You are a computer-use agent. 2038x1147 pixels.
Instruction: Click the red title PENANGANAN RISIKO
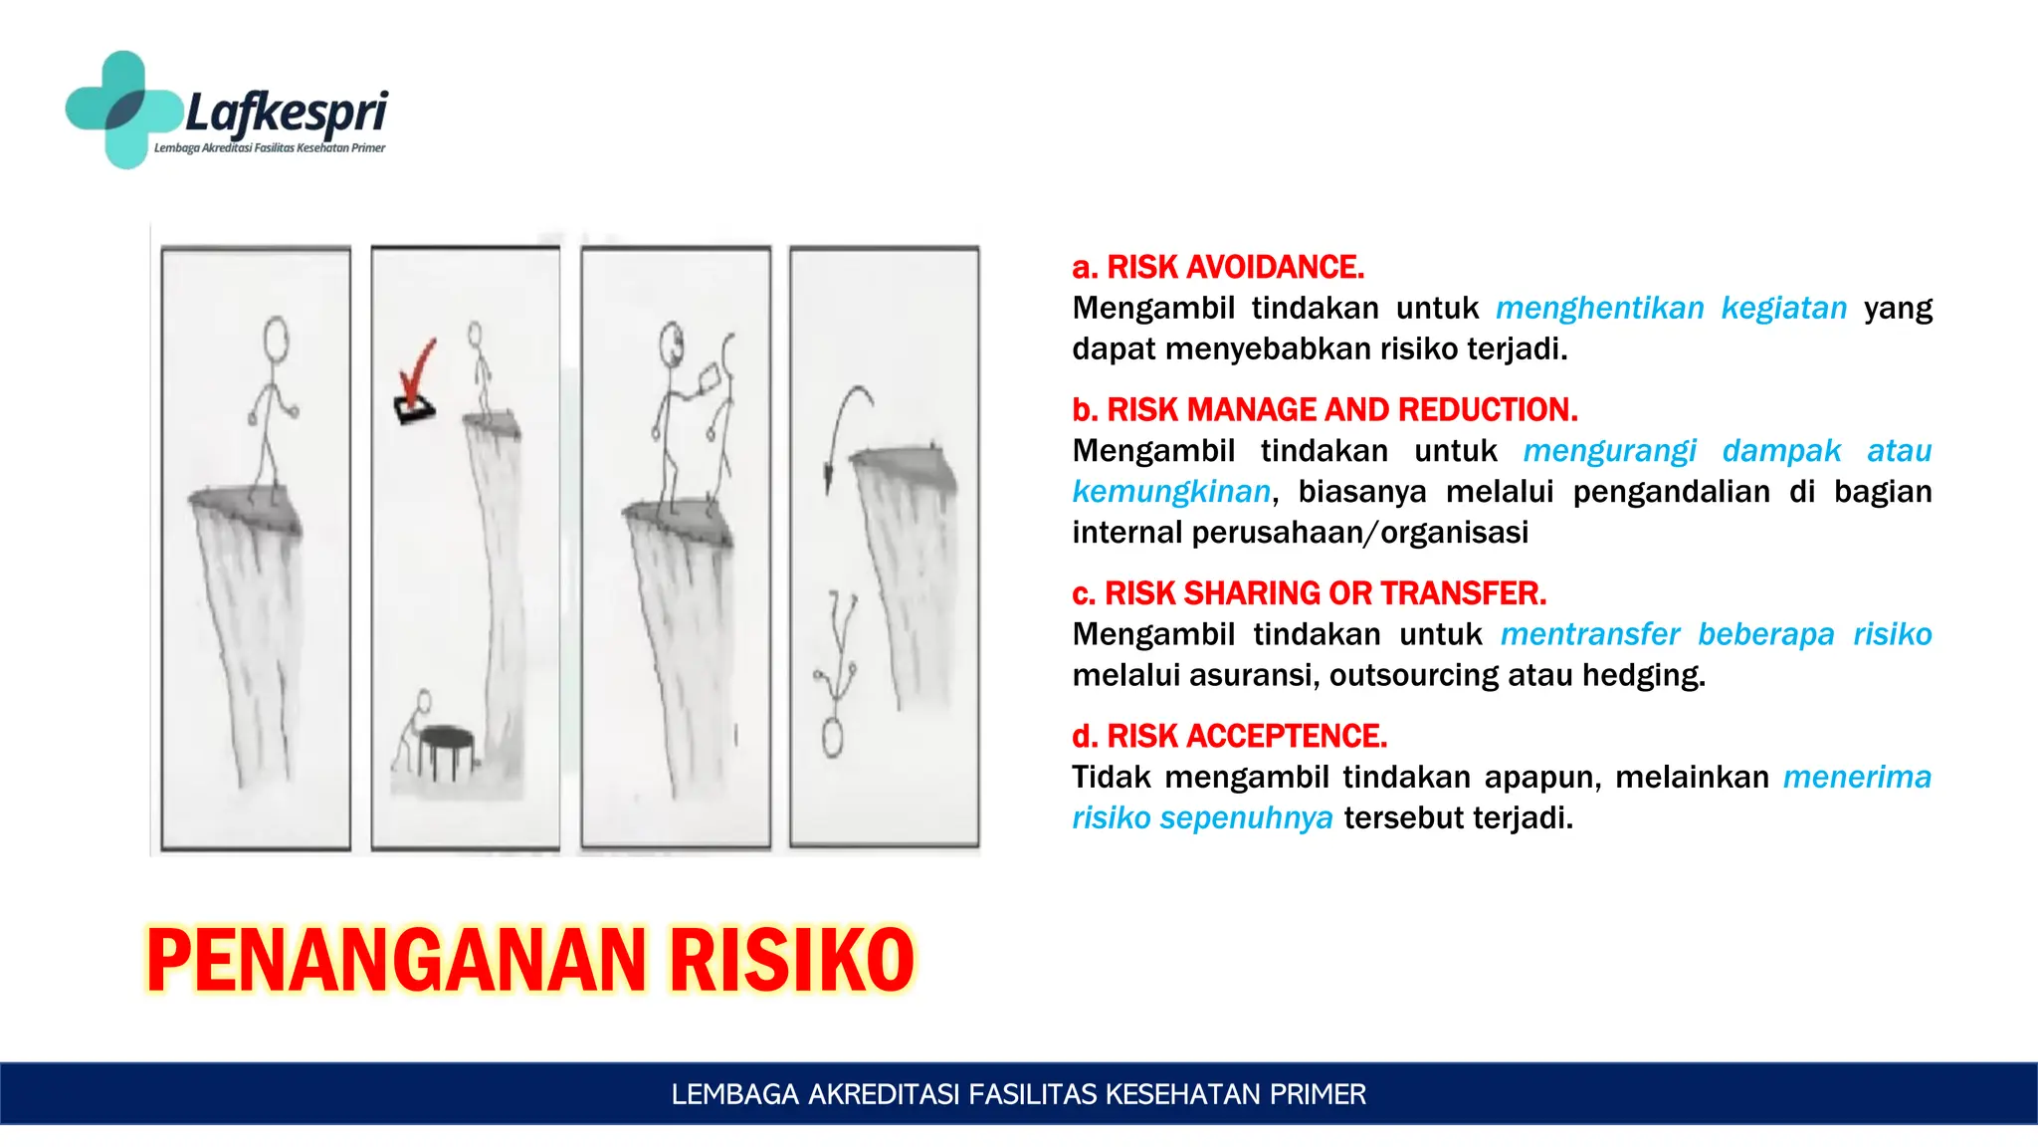[x=529, y=960]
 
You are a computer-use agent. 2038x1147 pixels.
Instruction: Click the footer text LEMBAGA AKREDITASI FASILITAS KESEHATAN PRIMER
[x=1018, y=1094]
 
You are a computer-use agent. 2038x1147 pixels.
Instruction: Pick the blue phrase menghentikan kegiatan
[x=1671, y=308]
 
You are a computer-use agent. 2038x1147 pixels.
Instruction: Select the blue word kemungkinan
[x=1171, y=491]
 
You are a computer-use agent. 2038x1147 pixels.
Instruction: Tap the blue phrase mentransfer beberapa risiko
[x=1716, y=634]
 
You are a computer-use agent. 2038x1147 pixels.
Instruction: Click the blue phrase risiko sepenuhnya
[x=1202, y=817]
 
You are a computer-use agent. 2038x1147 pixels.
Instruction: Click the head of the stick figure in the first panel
[x=276, y=337]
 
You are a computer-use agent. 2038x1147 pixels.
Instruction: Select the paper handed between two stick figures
[x=711, y=379]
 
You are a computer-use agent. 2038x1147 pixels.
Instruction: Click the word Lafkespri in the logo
[x=287, y=112]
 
